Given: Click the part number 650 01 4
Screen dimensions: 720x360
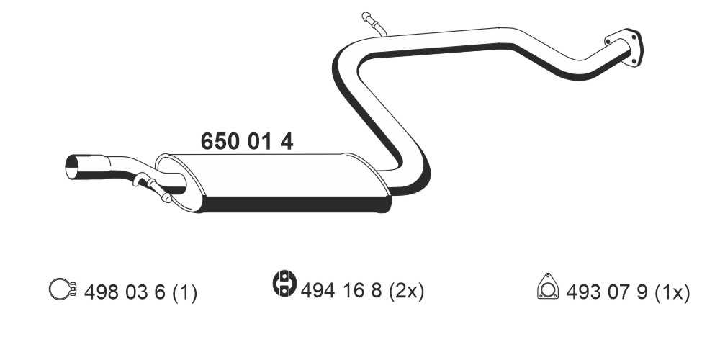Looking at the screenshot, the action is [246, 141].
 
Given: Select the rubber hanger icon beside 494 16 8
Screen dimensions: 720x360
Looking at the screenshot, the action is [284, 283].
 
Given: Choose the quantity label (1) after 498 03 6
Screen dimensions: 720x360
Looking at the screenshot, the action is [184, 292].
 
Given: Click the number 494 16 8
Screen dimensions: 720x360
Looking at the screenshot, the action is [341, 290].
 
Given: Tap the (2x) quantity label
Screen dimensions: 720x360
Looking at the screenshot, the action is [406, 291].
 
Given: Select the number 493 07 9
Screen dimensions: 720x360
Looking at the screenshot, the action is [606, 292].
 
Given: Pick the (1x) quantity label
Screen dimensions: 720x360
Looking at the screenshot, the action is [672, 292].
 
